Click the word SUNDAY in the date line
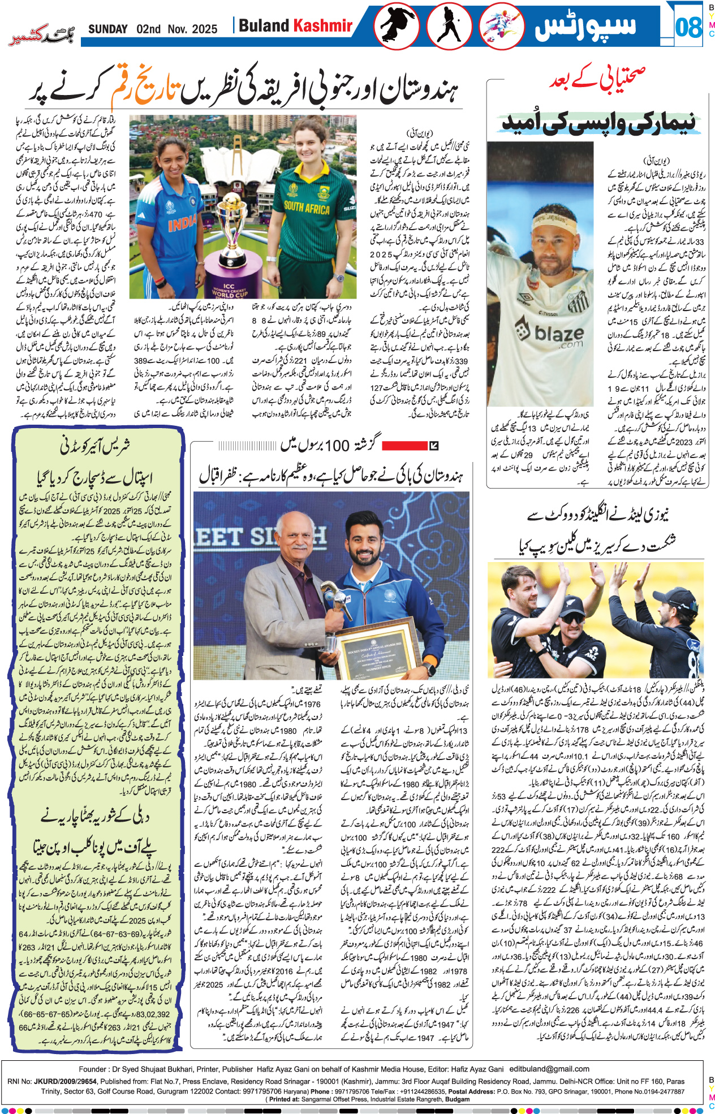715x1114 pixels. point(107,29)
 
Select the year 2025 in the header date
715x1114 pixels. point(204,29)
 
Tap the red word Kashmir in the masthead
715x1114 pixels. point(322,26)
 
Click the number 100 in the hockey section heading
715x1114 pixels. point(337,446)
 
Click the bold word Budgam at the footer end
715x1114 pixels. point(458,1099)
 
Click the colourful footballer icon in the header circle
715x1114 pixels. point(501,27)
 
